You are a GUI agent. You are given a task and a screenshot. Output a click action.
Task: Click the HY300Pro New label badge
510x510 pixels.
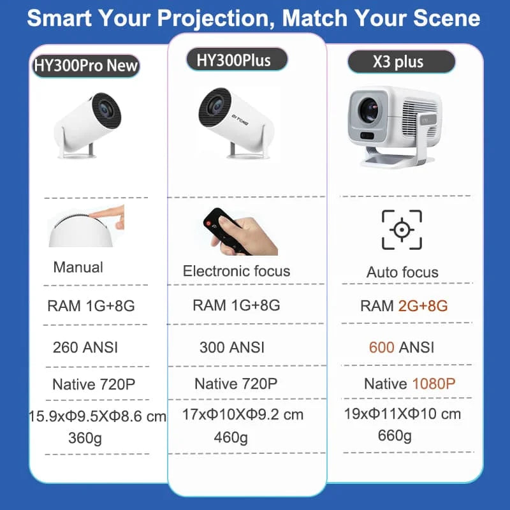[85, 65]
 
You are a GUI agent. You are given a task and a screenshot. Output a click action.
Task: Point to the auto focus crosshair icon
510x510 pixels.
[402, 229]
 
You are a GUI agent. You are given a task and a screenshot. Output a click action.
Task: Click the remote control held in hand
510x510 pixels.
[222, 226]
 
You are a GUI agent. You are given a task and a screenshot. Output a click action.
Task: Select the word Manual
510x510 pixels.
[78, 267]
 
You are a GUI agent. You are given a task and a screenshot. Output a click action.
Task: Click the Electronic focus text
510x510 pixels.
[236, 271]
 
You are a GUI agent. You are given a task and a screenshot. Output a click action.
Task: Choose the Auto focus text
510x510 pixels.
[402, 272]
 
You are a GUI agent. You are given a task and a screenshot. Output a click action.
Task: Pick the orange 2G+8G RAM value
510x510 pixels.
[423, 305]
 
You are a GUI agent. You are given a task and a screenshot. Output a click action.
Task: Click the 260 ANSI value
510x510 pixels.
[85, 347]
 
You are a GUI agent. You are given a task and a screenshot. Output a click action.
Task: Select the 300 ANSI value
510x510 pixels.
[231, 347]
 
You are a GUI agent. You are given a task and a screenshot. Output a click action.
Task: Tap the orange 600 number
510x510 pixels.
[382, 347]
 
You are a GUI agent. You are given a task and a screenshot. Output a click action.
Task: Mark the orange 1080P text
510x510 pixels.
[433, 384]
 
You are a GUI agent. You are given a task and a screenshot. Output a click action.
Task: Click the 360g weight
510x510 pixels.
[85, 439]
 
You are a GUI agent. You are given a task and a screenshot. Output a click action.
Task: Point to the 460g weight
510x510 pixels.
[231, 438]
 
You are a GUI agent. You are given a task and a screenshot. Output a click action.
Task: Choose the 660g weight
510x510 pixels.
[395, 436]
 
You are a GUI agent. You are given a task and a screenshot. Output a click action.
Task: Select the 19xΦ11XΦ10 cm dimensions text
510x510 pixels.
[402, 414]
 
